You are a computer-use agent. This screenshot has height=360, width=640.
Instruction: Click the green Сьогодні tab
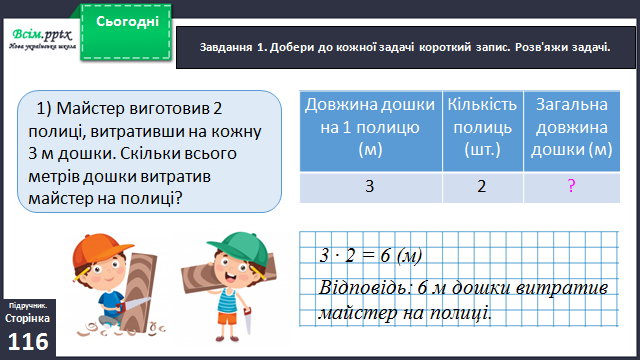(126, 32)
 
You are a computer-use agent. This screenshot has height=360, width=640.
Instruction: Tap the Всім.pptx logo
(42, 39)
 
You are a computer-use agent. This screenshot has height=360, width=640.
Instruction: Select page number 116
(28, 342)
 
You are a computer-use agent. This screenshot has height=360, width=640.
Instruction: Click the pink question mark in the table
(571, 186)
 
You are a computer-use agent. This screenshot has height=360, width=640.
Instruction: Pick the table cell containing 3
(371, 188)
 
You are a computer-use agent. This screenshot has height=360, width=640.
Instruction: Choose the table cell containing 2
(482, 188)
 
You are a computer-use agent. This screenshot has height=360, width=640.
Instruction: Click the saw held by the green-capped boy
(247, 321)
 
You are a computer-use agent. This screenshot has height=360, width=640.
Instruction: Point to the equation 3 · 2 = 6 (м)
(370, 256)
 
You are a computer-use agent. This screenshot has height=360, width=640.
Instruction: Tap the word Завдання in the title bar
(226, 48)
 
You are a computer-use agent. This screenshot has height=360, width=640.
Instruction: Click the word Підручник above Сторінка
(28, 305)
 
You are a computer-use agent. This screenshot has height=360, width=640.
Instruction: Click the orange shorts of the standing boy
(227, 317)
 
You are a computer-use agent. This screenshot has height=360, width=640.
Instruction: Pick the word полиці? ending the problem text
(151, 199)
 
